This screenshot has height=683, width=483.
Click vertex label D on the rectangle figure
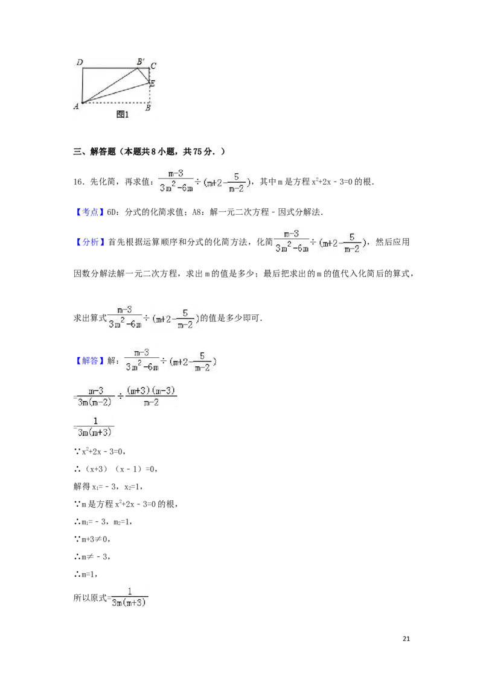tap(80, 62)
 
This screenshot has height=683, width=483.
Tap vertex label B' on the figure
tap(141, 62)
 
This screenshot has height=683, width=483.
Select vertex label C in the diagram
tap(153, 66)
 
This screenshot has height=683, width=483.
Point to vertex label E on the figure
tap(152, 83)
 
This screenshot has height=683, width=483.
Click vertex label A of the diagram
tap(76, 106)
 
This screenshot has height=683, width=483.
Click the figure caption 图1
tap(123, 115)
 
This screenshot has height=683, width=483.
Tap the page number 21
tap(406, 638)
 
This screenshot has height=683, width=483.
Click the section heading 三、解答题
tap(95, 151)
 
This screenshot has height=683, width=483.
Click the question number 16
tap(78, 182)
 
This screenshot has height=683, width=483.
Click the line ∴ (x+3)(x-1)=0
tap(116, 469)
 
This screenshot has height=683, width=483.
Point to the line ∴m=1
tap(86, 574)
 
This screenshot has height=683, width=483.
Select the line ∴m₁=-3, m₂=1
tap(103, 522)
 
